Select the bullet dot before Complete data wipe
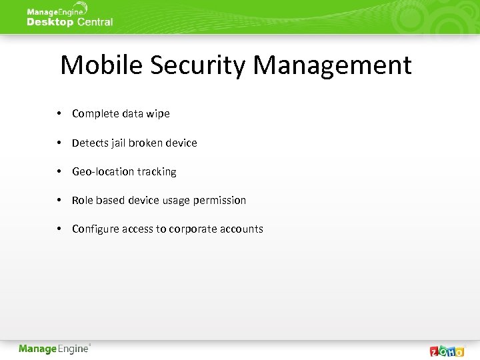(x=59, y=113)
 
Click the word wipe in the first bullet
(x=157, y=114)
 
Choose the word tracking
(x=157, y=171)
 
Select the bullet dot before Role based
(x=59, y=200)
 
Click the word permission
(x=219, y=200)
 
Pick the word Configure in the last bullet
(x=95, y=229)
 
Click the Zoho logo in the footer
(x=447, y=351)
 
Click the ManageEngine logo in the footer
(x=54, y=349)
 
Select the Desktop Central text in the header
(x=69, y=22)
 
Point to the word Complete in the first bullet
(x=94, y=114)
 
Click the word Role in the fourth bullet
(x=83, y=200)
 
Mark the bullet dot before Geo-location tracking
(x=59, y=171)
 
